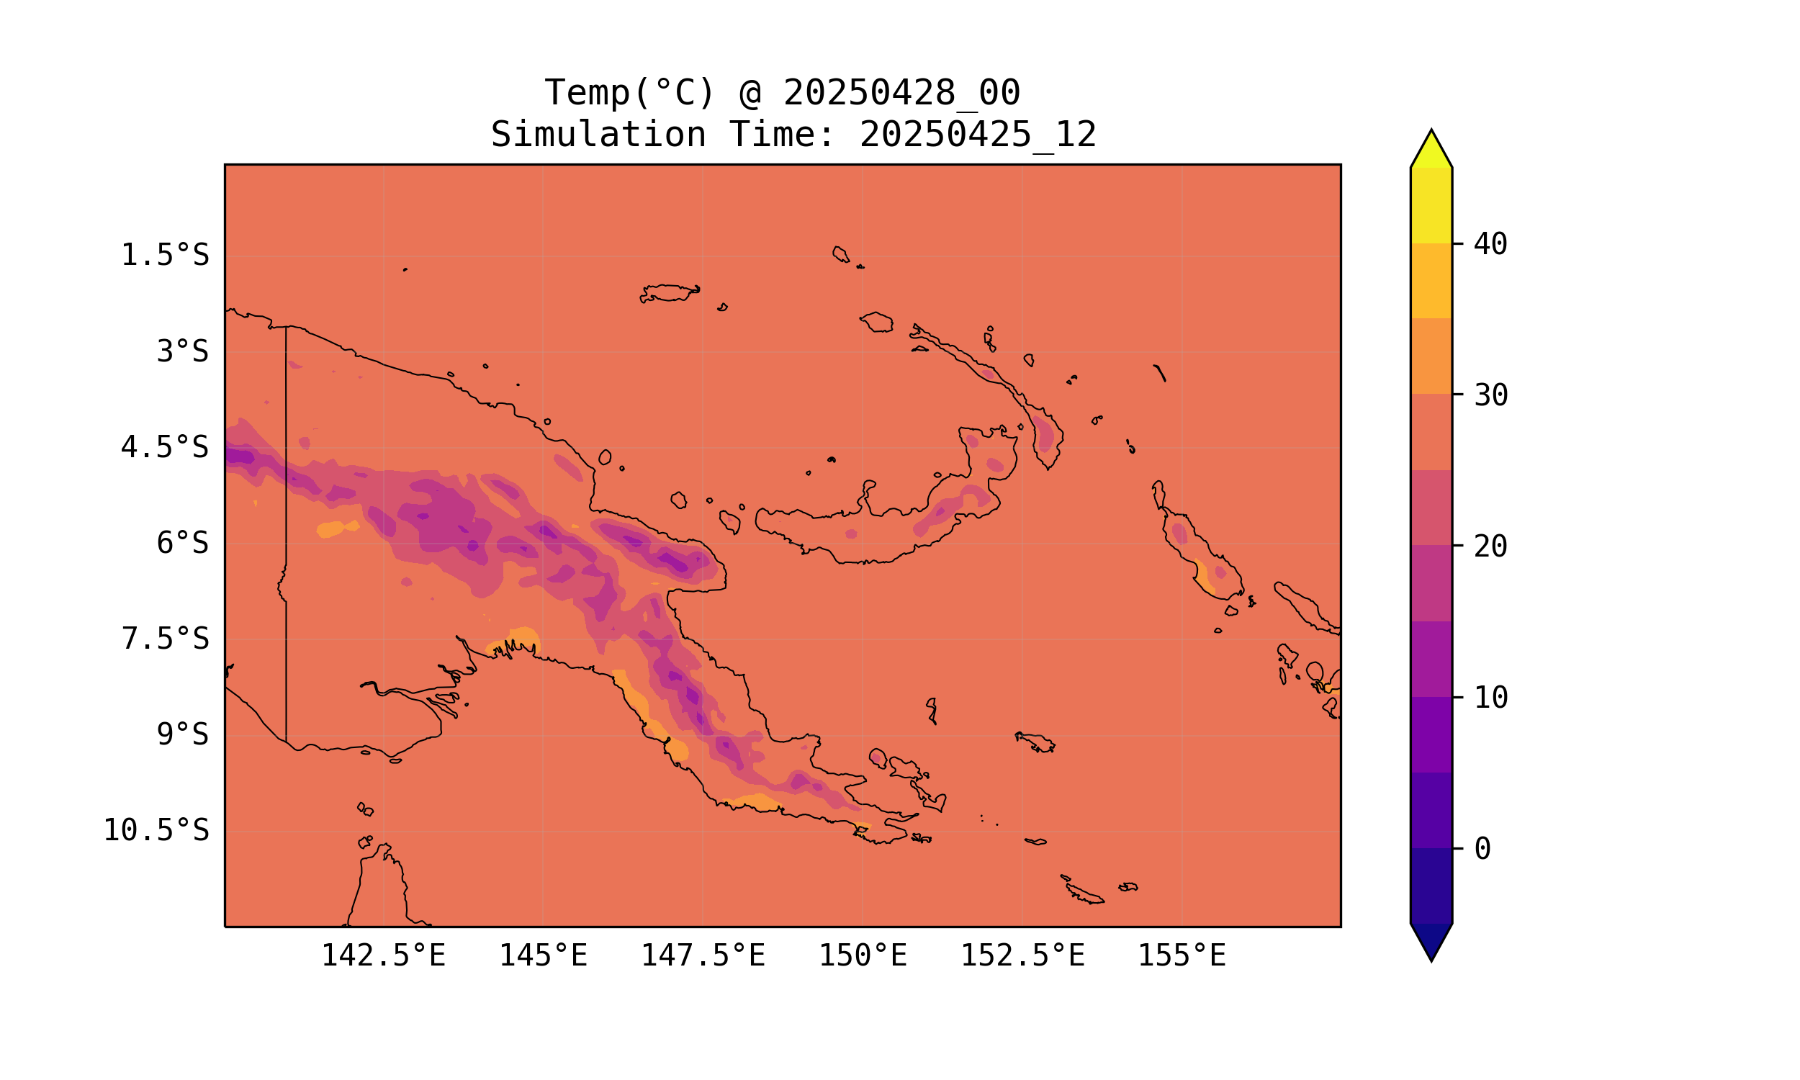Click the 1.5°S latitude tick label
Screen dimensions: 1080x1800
pyautogui.click(x=164, y=256)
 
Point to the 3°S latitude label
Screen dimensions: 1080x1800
pyautogui.click(x=183, y=351)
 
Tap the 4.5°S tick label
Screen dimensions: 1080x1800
pyautogui.click(x=164, y=448)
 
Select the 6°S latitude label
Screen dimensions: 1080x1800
pyautogui.click(x=183, y=543)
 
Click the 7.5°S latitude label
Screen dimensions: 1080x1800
pyautogui.click(x=164, y=639)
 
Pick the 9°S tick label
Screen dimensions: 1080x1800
pyautogui.click(x=183, y=734)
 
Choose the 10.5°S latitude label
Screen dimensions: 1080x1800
pyautogui.click(x=156, y=830)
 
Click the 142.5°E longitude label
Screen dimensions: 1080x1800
pyautogui.click(x=383, y=955)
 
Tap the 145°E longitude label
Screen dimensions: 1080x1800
pyautogui.click(x=543, y=955)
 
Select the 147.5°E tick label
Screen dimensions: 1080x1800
pyautogui.click(x=702, y=955)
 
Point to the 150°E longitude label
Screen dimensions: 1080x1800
pyautogui.click(x=863, y=955)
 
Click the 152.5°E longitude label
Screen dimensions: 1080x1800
pyautogui.click(x=1022, y=955)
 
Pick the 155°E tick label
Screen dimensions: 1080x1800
pyautogui.click(x=1182, y=955)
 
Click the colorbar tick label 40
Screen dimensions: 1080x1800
pyautogui.click(x=1491, y=245)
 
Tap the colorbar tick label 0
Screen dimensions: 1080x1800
pyautogui.click(x=1482, y=850)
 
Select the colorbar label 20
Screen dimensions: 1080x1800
pyautogui.click(x=1491, y=546)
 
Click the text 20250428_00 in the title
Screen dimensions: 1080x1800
pyautogui.click(x=901, y=93)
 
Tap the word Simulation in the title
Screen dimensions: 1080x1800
pyautogui.click(x=598, y=135)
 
